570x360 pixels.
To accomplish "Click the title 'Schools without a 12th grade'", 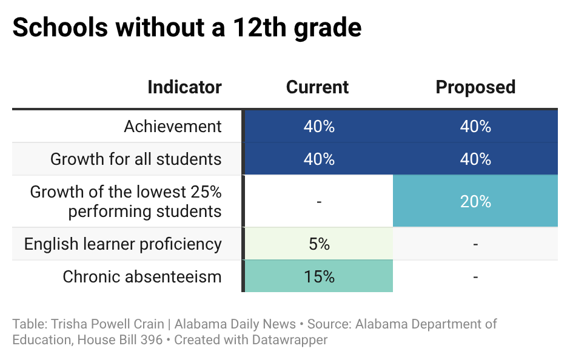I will [187, 28].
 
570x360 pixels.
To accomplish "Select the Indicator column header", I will [184, 87].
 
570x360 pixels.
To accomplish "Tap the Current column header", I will [317, 87].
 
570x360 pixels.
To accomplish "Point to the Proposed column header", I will [475, 87].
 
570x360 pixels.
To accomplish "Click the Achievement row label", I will [173, 127].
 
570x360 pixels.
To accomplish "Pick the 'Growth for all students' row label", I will [136, 159].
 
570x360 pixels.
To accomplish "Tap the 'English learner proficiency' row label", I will [123, 244].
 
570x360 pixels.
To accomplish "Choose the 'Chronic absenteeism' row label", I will [142, 277].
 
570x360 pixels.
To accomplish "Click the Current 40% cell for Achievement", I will [319, 127].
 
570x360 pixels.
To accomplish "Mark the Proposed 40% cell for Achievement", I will [475, 127].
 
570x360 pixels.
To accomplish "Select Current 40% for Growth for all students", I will [319, 159].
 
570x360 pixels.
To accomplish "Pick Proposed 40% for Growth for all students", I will [475, 159].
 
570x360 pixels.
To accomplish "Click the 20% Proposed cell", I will [475, 202].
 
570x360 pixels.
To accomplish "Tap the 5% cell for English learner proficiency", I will [319, 244].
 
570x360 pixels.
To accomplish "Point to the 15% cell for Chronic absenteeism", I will [319, 277].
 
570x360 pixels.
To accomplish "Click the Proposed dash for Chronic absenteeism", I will [475, 277].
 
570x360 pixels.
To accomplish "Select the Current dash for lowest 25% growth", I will [319, 202].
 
